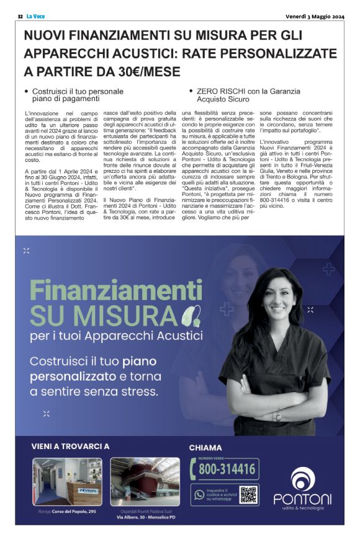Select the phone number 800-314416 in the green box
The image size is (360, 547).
pyautogui.click(x=227, y=469)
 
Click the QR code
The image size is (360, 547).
pyautogui.click(x=248, y=494)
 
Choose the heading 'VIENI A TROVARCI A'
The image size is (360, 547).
pyautogui.click(x=70, y=446)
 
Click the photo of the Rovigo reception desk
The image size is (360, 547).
pyautogui.click(x=68, y=481)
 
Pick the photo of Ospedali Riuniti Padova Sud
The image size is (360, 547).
pyautogui.click(x=145, y=481)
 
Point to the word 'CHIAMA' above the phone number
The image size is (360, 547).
pyautogui.click(x=205, y=448)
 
